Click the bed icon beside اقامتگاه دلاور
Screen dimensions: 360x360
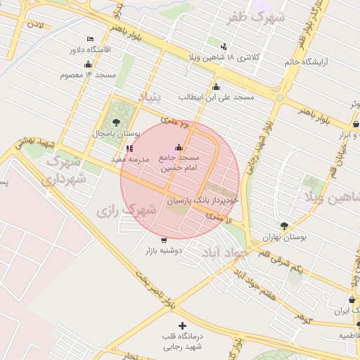pyautogui.click(x=89, y=38)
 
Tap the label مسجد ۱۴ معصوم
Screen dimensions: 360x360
pyautogui.click(x=68, y=74)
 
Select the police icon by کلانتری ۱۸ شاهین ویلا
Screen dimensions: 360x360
pyautogui.click(x=224, y=45)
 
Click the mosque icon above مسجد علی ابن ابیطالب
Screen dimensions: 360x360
pyautogui.click(x=215, y=86)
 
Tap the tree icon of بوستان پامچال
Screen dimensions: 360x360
pyautogui.click(x=117, y=122)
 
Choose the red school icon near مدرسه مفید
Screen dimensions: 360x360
pyautogui.click(x=129, y=148)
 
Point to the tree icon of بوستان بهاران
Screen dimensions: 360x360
pyautogui.click(x=284, y=226)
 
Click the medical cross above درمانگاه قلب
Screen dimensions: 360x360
pyautogui.click(x=183, y=326)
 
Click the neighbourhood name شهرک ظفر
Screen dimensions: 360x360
pyautogui.click(x=257, y=16)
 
